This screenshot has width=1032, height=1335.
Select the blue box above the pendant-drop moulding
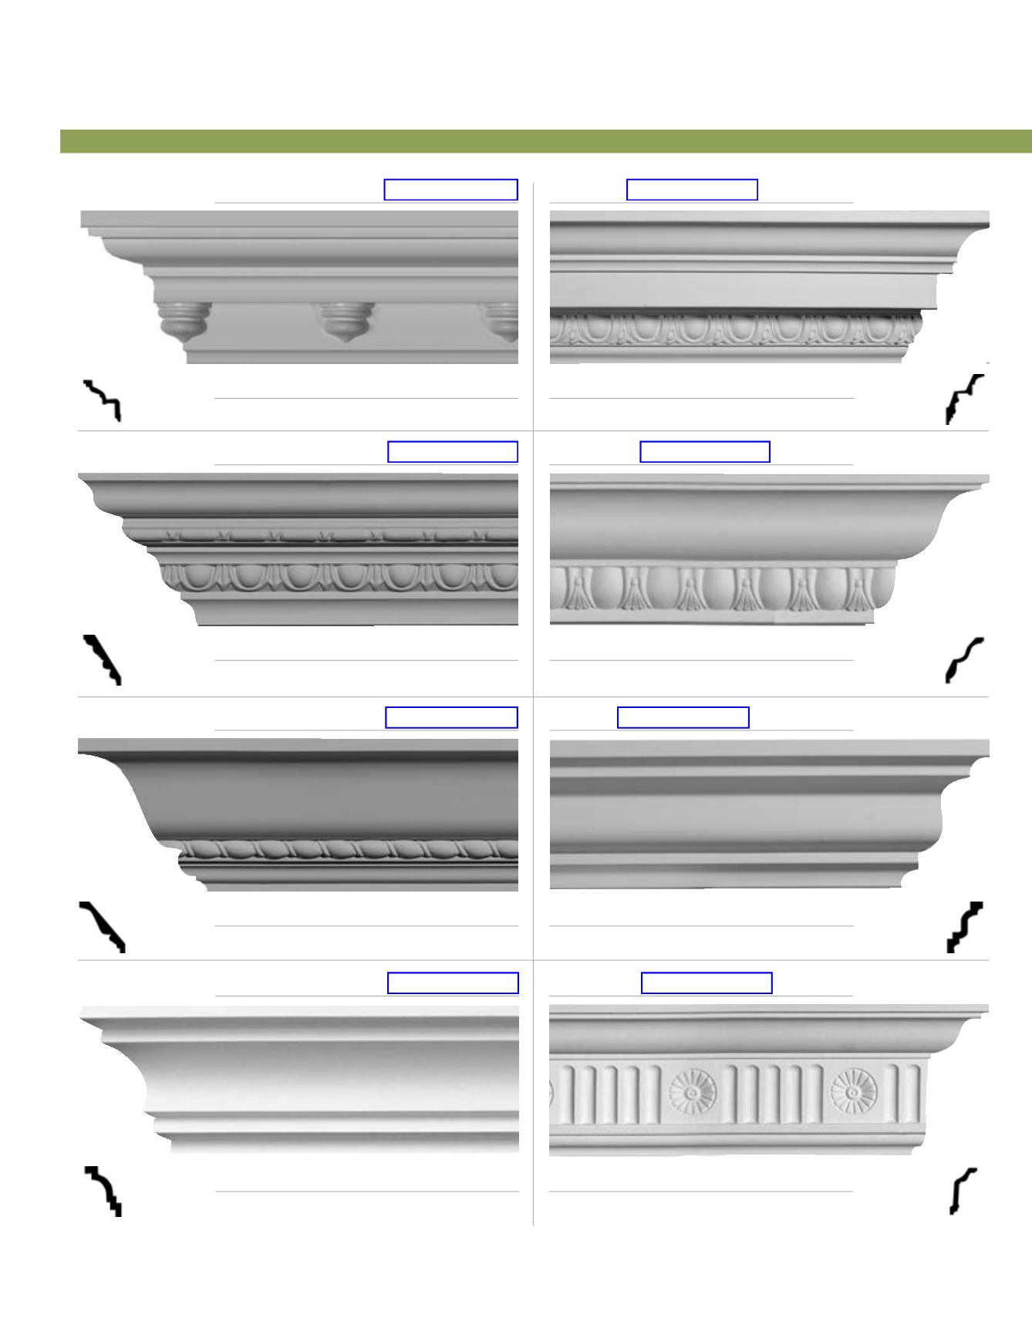[x=450, y=190]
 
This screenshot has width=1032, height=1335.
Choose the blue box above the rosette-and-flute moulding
[x=707, y=983]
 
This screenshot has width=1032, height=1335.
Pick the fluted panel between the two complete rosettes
[x=773, y=1094]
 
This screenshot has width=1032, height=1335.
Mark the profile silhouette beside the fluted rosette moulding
[x=963, y=1192]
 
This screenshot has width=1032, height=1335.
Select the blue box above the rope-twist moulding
[x=451, y=717]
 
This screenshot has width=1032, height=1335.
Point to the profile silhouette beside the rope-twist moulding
[x=102, y=926]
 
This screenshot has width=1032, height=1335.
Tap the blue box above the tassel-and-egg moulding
[x=705, y=452]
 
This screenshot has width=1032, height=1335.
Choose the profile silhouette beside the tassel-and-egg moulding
[x=964, y=660]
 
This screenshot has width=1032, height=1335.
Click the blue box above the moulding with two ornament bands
[x=452, y=452]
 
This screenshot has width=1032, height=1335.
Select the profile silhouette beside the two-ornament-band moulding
[x=103, y=659]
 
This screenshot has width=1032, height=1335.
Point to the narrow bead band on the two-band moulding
[x=324, y=535]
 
